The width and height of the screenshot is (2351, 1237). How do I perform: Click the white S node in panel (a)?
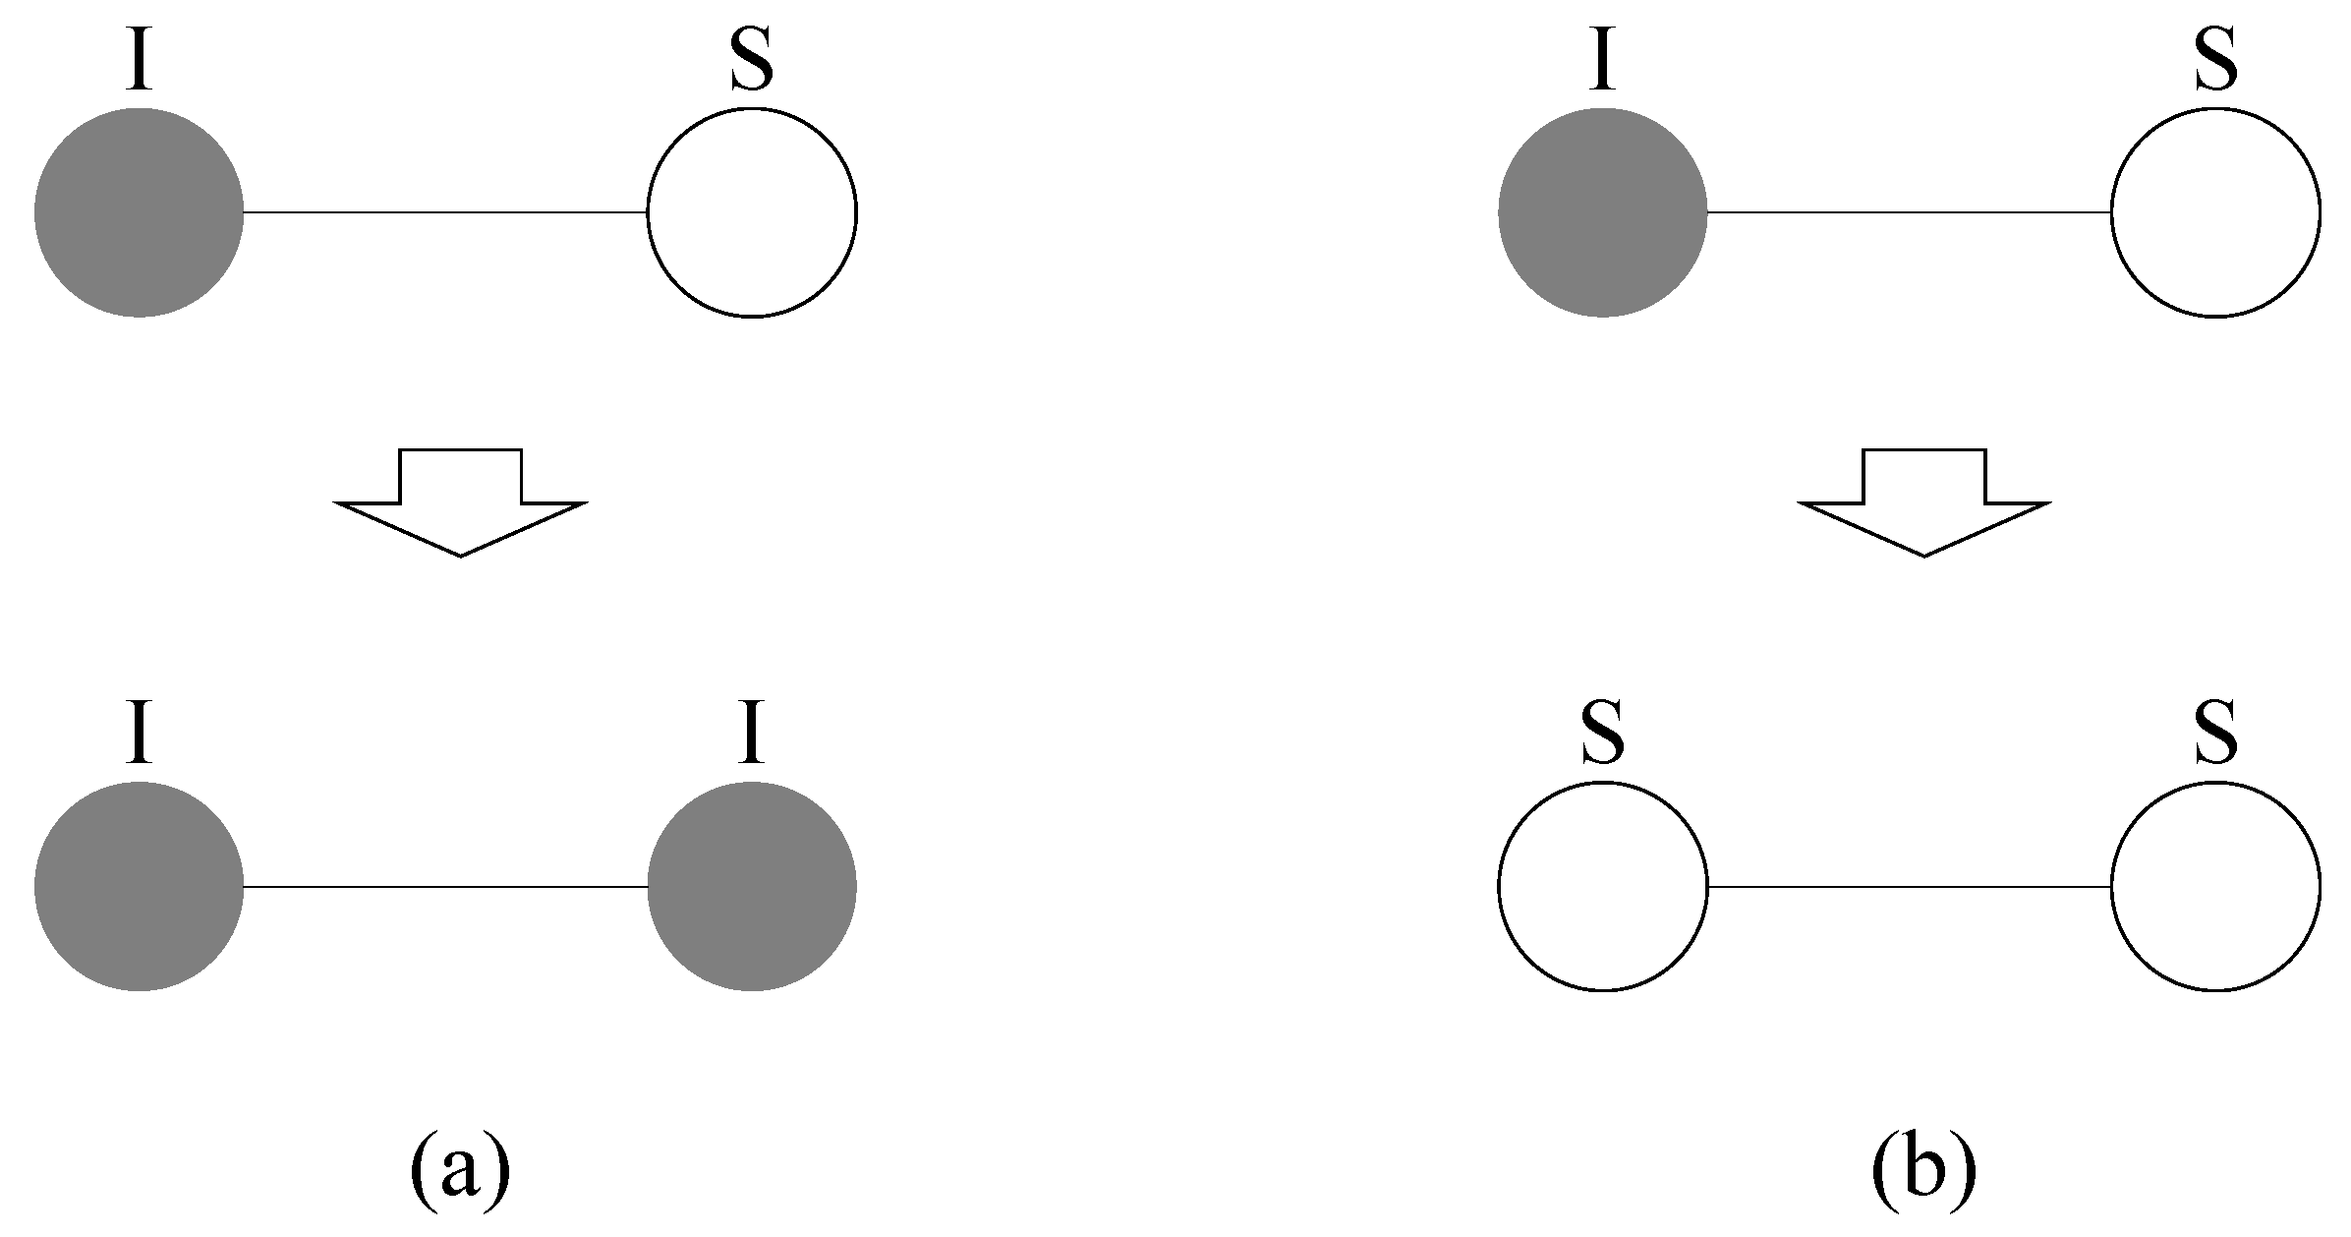coord(751,212)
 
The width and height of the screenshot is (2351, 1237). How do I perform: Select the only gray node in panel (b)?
coord(1602,212)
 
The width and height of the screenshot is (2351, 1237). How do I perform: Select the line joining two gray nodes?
coord(444,887)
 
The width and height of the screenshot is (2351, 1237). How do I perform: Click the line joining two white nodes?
coord(1909,887)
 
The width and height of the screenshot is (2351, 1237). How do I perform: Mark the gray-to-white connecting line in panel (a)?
coord(444,212)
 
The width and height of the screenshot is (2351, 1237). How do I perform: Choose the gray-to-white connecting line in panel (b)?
coord(1909,212)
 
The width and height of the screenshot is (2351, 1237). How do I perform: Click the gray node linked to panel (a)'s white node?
coord(139,212)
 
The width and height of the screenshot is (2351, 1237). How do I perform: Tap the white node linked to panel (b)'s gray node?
coord(2215,212)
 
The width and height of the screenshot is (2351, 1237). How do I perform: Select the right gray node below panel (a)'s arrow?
coord(751,887)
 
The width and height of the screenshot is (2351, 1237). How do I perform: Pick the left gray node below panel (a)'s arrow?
coord(139,887)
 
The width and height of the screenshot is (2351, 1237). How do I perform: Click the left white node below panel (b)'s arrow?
coord(1602,887)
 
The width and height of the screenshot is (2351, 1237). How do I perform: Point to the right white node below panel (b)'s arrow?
coord(2215,887)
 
